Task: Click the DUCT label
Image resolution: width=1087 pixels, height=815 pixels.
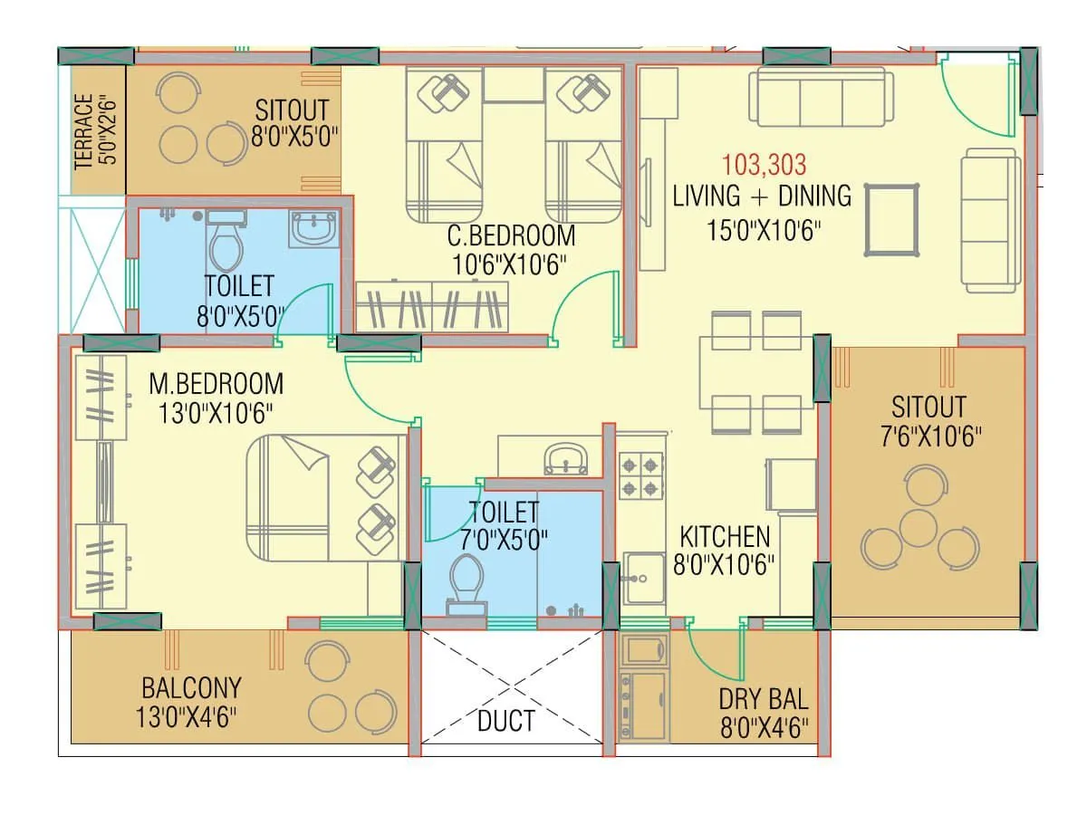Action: pos(505,721)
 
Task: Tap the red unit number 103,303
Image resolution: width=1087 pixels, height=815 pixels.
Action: pos(764,165)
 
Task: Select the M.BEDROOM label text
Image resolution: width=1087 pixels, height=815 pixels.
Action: pos(216,384)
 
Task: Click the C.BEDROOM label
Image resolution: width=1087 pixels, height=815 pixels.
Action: pos(511,236)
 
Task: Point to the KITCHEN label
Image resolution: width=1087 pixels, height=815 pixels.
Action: pos(725,537)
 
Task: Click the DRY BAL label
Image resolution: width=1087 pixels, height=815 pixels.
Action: pos(763,699)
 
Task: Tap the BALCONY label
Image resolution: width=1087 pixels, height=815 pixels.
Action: pos(191,687)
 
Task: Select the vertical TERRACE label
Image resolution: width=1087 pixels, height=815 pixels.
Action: pos(83,131)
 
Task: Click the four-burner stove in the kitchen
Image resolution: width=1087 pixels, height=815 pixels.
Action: pos(642,476)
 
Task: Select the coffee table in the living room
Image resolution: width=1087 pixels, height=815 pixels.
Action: pos(891,220)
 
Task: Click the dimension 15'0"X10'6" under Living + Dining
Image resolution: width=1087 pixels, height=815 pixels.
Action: pos(763,229)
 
